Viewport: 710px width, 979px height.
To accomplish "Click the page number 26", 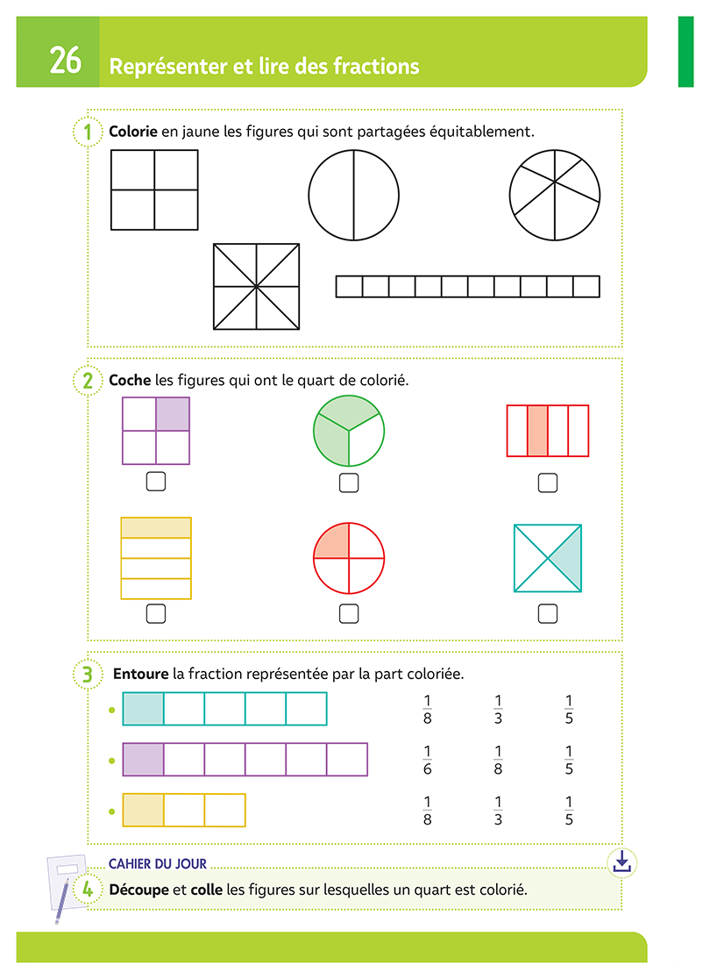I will pyautogui.click(x=65, y=61).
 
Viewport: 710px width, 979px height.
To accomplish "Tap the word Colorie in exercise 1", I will pyautogui.click(x=133, y=132).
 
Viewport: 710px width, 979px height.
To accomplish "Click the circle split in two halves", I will pyautogui.click(x=353, y=195).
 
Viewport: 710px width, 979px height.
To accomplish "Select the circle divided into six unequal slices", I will pyautogui.click(x=555, y=193).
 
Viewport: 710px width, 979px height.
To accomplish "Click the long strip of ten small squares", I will pyautogui.click(x=467, y=287).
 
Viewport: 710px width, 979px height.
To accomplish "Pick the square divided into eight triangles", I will pyautogui.click(x=256, y=287).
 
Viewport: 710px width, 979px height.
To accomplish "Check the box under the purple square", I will pyautogui.click(x=156, y=481).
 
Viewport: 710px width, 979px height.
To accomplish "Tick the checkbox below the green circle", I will pyautogui.click(x=349, y=482).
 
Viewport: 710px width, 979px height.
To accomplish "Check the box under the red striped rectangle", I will pyautogui.click(x=548, y=482).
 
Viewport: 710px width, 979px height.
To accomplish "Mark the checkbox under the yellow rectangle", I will pyautogui.click(x=156, y=613).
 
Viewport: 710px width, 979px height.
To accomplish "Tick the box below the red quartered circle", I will pyautogui.click(x=349, y=613).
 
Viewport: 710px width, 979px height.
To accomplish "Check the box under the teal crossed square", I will pyautogui.click(x=548, y=613).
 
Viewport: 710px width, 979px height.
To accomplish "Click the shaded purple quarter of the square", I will pyautogui.click(x=173, y=414).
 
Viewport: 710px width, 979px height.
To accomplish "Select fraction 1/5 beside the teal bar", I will pyautogui.click(x=569, y=709).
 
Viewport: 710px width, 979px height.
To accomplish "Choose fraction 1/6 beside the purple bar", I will pyautogui.click(x=428, y=760).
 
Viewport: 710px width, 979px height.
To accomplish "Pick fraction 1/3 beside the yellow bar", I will pyautogui.click(x=498, y=811).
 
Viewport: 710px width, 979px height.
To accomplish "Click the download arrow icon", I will pyautogui.click(x=621, y=861).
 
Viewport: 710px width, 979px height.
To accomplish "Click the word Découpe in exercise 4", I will pyautogui.click(x=138, y=890).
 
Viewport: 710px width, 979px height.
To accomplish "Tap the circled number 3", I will pyautogui.click(x=87, y=674).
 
